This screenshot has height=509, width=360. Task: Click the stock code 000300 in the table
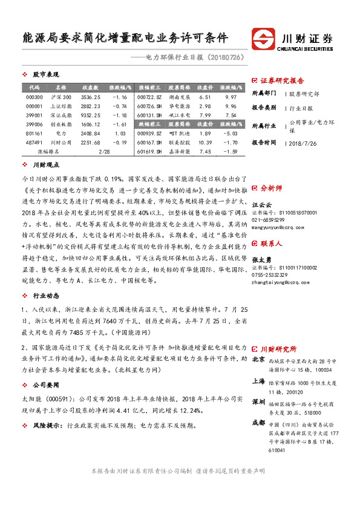click(34, 97)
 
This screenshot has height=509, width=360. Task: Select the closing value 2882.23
click(90, 106)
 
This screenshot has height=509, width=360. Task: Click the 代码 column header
click(34, 88)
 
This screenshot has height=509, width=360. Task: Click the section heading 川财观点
click(45, 164)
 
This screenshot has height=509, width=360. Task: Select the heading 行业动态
click(45, 296)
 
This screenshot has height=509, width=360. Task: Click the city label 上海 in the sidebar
click(258, 382)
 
